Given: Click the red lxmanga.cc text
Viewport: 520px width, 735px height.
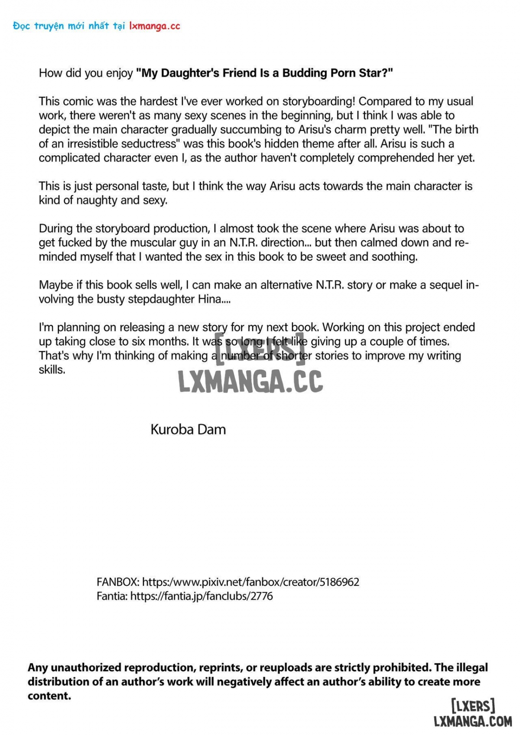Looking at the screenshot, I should click(154, 26).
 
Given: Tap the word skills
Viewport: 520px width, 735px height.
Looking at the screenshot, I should click(52, 370).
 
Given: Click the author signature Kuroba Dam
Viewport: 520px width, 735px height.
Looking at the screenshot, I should click(188, 430).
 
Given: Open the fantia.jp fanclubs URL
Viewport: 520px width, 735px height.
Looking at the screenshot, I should click(201, 596).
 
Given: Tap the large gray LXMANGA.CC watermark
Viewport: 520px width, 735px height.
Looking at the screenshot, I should click(251, 382).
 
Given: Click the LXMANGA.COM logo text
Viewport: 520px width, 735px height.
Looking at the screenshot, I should click(473, 722).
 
